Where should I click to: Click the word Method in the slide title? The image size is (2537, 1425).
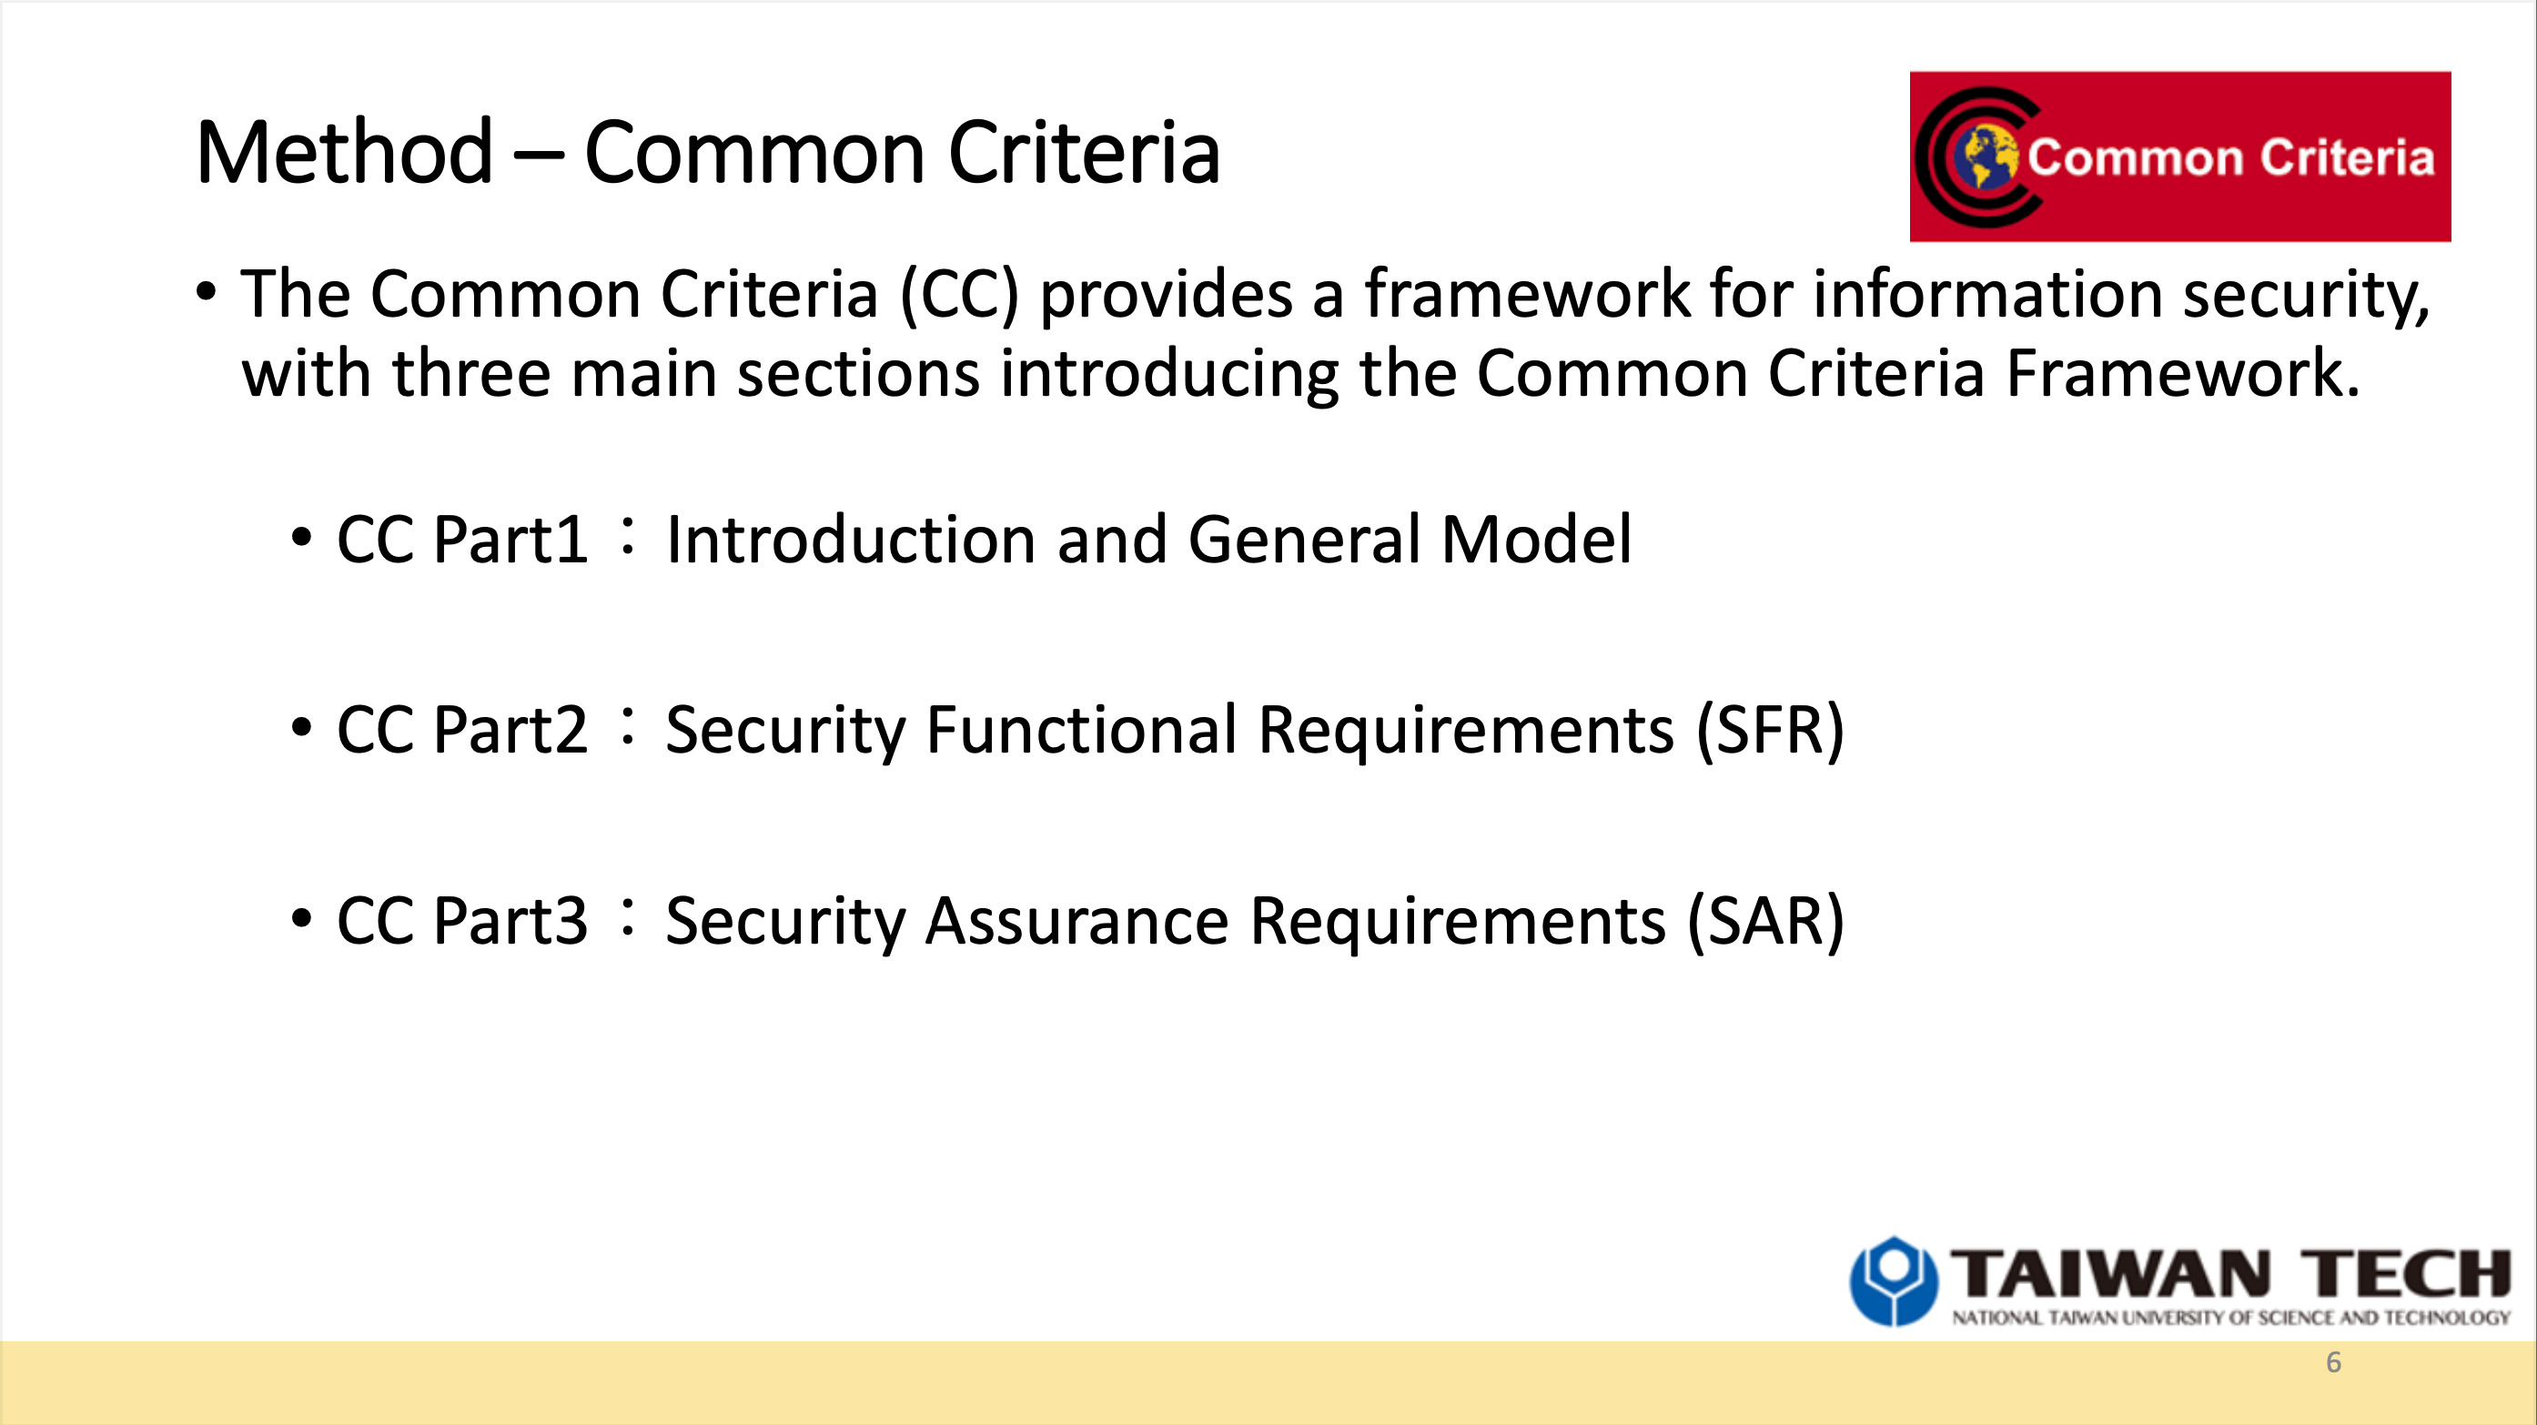click(x=345, y=153)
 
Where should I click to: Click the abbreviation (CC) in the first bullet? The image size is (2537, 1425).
click(x=959, y=295)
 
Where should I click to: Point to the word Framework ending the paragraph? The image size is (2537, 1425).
click(x=2182, y=373)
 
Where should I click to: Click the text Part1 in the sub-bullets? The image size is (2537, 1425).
click(x=510, y=541)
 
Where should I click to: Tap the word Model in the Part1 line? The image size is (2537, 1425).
click(x=1536, y=540)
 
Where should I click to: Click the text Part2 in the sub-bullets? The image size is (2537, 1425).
click(x=510, y=731)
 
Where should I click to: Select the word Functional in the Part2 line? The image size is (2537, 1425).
click(x=1081, y=730)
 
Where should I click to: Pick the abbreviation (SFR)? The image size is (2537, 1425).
click(x=1770, y=731)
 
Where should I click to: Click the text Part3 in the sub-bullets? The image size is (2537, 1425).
click(x=510, y=922)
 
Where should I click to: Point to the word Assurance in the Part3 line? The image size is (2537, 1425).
click(x=1077, y=922)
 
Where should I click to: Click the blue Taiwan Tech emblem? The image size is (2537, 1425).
click(x=1893, y=1281)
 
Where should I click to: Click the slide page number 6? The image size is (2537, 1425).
click(x=2333, y=1362)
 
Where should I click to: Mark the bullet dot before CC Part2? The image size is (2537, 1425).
click(x=301, y=729)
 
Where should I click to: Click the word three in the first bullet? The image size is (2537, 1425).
click(x=470, y=373)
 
